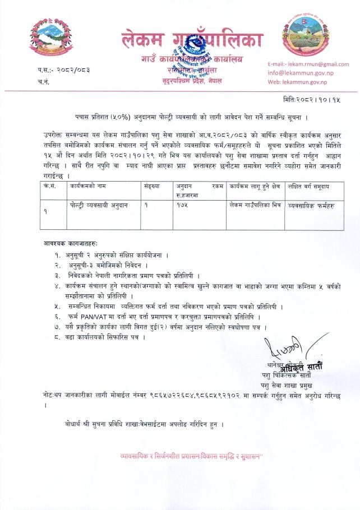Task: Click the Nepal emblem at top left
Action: pos(47,36)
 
